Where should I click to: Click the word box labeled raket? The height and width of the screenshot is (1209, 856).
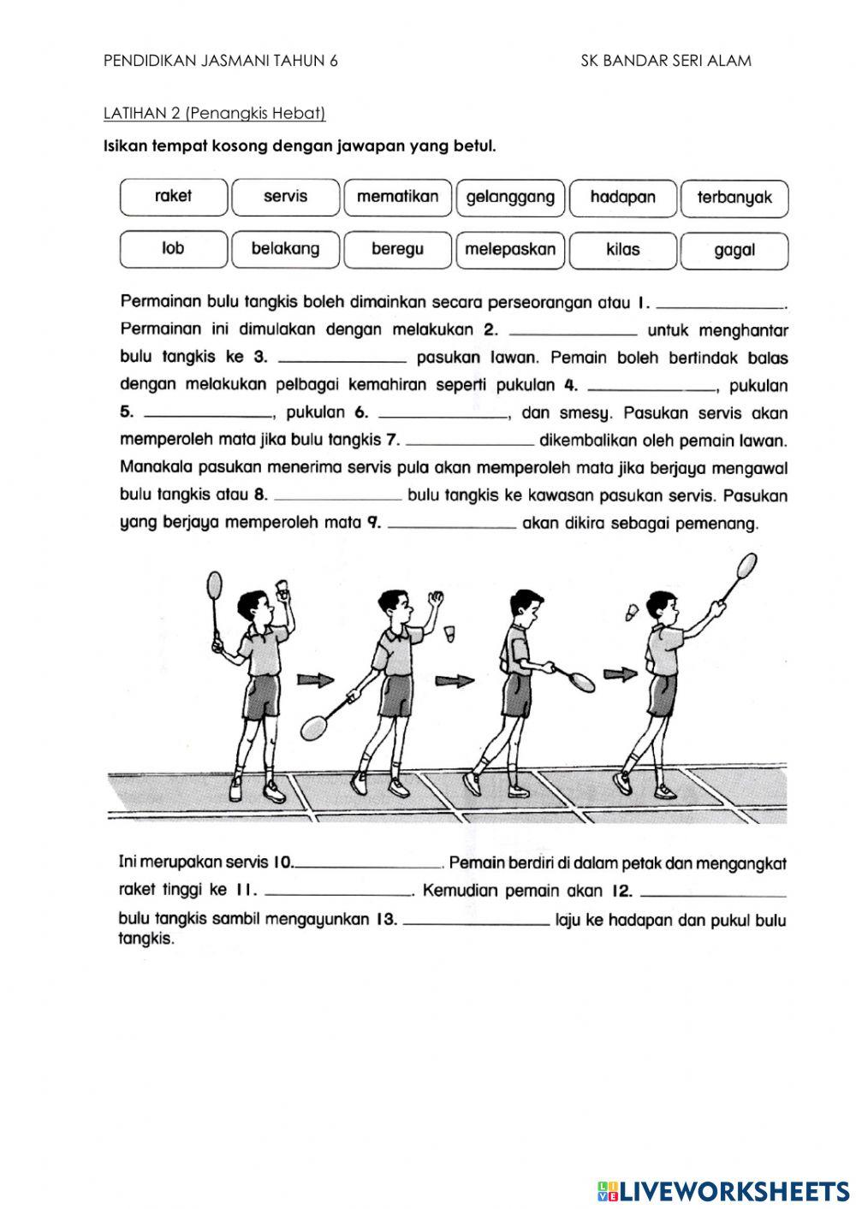click(174, 197)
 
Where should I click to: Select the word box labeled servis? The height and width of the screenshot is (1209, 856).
click(285, 197)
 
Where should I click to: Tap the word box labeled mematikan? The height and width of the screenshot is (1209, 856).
click(397, 197)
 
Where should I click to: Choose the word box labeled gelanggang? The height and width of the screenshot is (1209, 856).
click(510, 198)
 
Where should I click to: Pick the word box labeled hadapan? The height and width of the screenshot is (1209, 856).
click(622, 198)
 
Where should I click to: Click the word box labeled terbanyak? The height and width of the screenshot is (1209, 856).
click(734, 199)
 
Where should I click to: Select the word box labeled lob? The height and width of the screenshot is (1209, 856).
click(174, 249)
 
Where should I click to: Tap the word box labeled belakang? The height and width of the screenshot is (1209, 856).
click(285, 249)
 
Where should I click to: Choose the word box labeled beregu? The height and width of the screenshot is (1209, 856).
click(397, 250)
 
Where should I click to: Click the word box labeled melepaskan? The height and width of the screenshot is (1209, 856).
click(510, 250)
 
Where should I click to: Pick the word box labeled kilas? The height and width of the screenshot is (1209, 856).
click(622, 250)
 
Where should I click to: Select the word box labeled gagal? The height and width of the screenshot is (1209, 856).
click(734, 251)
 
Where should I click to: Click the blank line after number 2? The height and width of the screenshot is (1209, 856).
click(572, 332)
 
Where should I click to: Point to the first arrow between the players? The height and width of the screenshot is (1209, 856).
click(315, 679)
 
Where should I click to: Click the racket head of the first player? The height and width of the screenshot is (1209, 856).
click(214, 586)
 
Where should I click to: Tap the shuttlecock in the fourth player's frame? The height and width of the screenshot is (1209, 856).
click(632, 613)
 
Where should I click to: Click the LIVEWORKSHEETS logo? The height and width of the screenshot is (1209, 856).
click(722, 1190)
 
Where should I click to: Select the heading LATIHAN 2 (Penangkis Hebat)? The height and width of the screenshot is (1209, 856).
click(214, 113)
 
